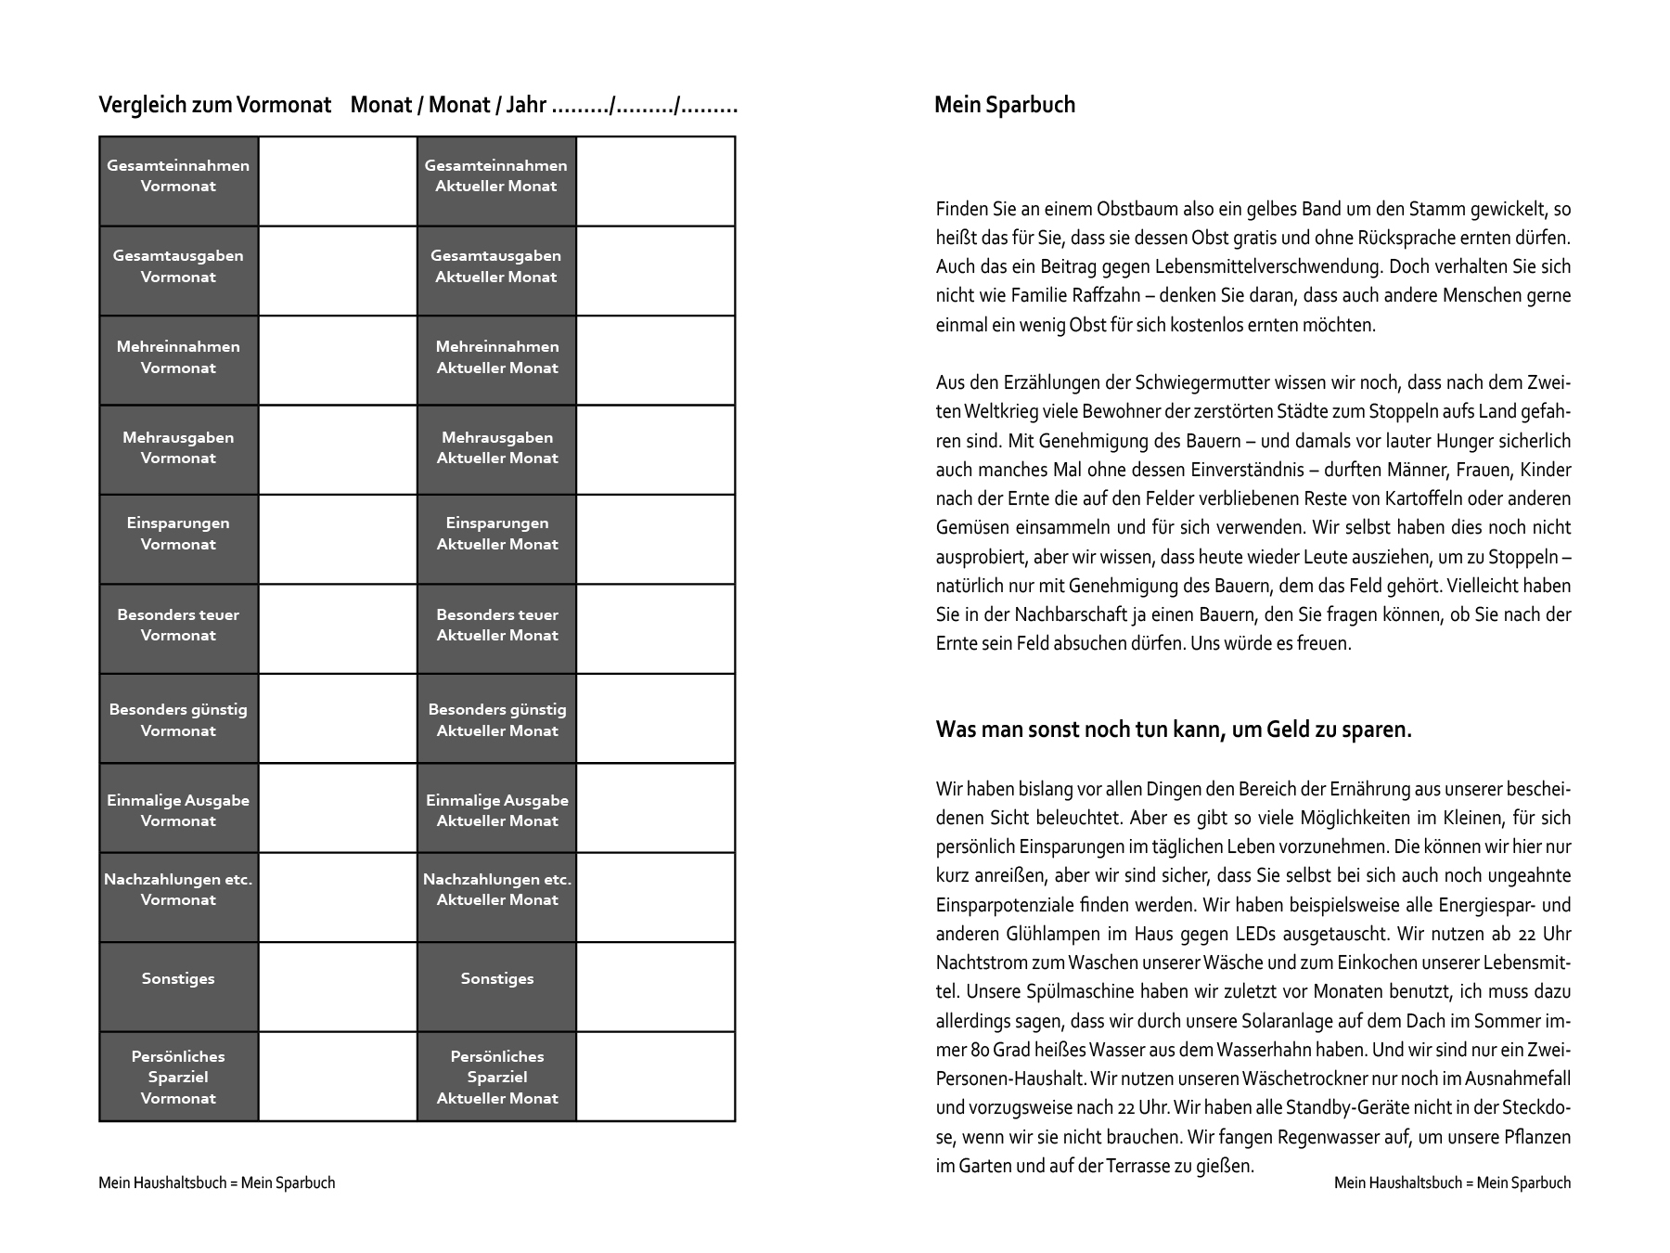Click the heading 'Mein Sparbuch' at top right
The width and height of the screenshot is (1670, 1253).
pyautogui.click(x=1004, y=105)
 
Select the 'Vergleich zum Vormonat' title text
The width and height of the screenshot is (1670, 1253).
pyautogui.click(x=214, y=105)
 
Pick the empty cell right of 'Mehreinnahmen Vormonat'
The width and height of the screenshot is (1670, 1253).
pyautogui.click(x=338, y=360)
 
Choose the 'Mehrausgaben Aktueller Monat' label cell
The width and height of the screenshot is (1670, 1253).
pyautogui.click(x=496, y=449)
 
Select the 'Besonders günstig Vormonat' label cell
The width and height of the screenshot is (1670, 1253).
pyautogui.click(x=178, y=718)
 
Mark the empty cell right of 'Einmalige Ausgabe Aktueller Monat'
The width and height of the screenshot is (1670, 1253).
pyautogui.click(x=655, y=807)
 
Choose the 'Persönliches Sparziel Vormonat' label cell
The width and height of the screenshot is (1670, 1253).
pyautogui.click(x=178, y=1077)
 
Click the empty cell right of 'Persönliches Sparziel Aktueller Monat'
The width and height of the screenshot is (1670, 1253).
pyautogui.click(x=655, y=1077)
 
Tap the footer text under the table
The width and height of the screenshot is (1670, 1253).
pyautogui.click(x=216, y=1182)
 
